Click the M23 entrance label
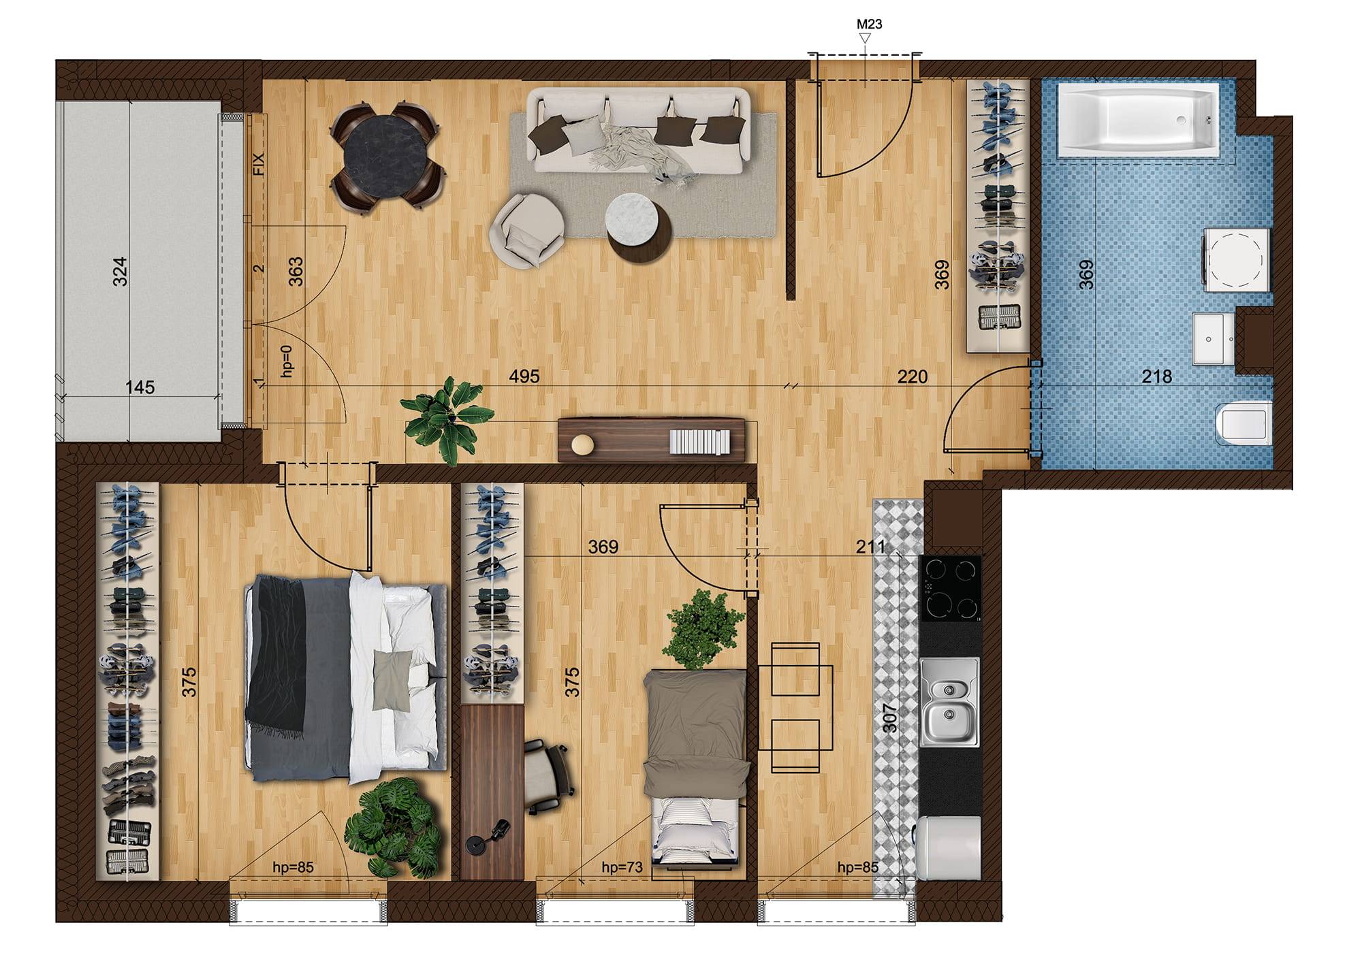click(869, 24)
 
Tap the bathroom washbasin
click(1214, 338)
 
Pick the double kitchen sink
click(949, 702)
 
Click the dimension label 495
click(524, 376)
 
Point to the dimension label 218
click(1156, 376)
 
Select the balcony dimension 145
click(140, 387)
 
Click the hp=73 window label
click(622, 867)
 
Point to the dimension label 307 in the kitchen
click(889, 717)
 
